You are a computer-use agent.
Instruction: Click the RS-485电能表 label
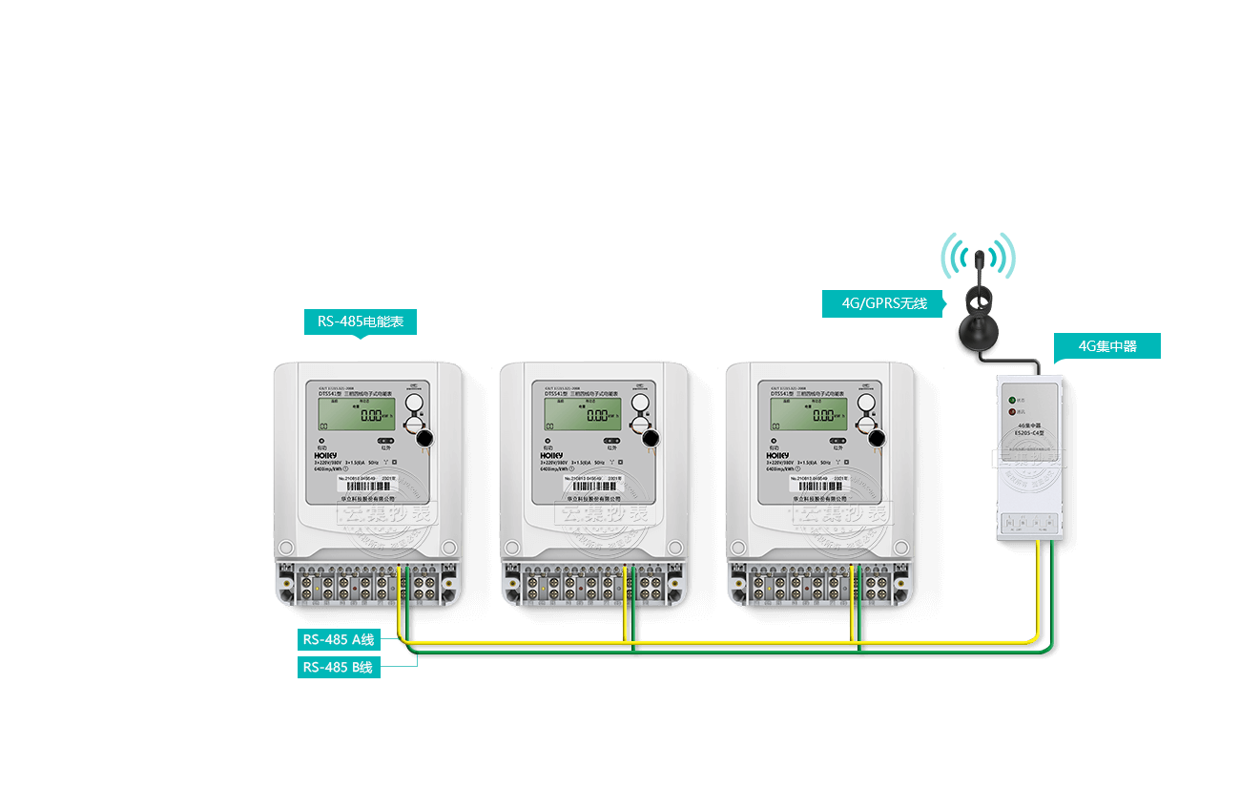point(361,322)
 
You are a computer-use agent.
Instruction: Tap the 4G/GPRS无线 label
point(883,304)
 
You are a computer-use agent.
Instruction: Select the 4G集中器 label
point(1107,346)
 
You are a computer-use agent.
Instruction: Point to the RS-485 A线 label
point(339,639)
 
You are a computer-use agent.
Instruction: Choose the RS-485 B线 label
point(339,667)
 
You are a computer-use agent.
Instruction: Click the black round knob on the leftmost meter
point(424,438)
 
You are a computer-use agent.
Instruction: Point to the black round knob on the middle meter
point(651,438)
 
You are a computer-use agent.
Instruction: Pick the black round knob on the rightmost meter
point(877,438)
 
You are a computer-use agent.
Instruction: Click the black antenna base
point(980,331)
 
